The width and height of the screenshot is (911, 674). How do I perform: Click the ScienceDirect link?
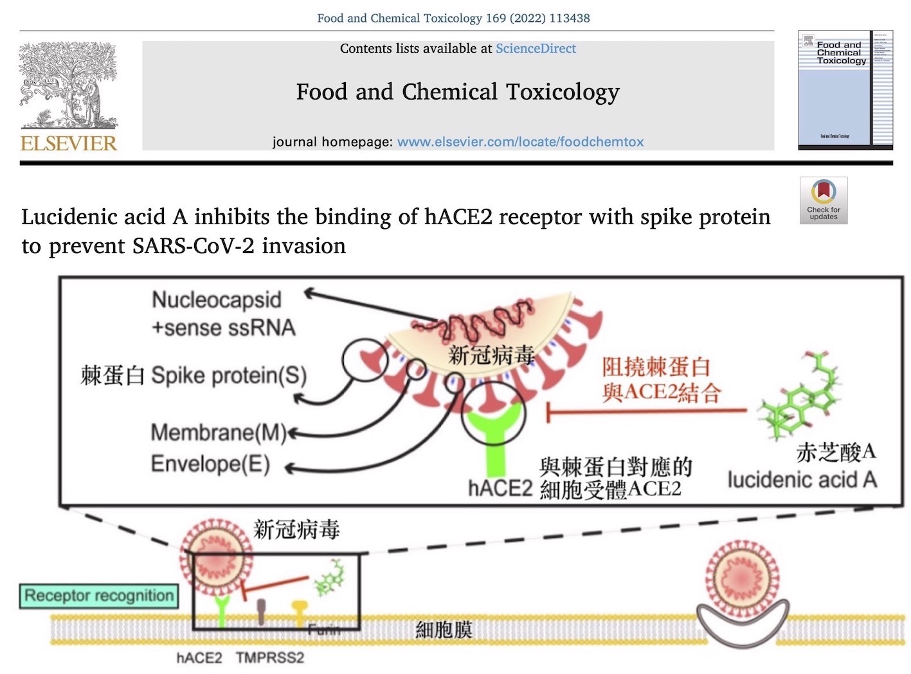click(x=536, y=49)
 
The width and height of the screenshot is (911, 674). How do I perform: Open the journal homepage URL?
click(x=520, y=142)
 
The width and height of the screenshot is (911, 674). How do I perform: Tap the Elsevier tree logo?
click(x=68, y=85)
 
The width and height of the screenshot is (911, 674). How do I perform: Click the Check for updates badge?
click(x=824, y=200)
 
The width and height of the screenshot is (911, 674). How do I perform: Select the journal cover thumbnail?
click(x=845, y=89)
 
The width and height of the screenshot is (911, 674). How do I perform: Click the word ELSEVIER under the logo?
click(x=69, y=143)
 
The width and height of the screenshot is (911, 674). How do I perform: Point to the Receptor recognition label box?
click(x=99, y=596)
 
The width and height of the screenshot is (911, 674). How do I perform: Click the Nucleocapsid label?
click(x=217, y=300)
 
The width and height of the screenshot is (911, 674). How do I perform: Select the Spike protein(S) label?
click(x=228, y=376)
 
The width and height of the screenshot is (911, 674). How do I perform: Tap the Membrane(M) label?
click(x=218, y=433)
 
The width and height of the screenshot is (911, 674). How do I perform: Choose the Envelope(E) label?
click(x=210, y=464)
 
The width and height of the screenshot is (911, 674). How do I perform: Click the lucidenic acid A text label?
click(x=802, y=480)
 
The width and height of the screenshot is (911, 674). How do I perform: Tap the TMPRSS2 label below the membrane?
click(x=269, y=658)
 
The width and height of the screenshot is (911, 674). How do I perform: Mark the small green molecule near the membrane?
click(x=329, y=577)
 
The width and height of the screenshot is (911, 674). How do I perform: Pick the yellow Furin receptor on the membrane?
click(x=300, y=612)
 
